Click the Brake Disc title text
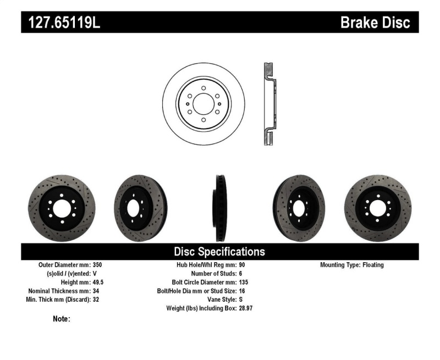(375, 23)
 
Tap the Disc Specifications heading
(219, 252)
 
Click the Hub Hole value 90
(243, 265)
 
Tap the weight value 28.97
(246, 308)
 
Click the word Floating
(373, 265)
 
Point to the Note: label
(61, 319)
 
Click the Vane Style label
(218, 300)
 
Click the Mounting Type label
(340, 265)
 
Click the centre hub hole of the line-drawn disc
(204, 104)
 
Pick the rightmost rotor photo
(379, 208)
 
